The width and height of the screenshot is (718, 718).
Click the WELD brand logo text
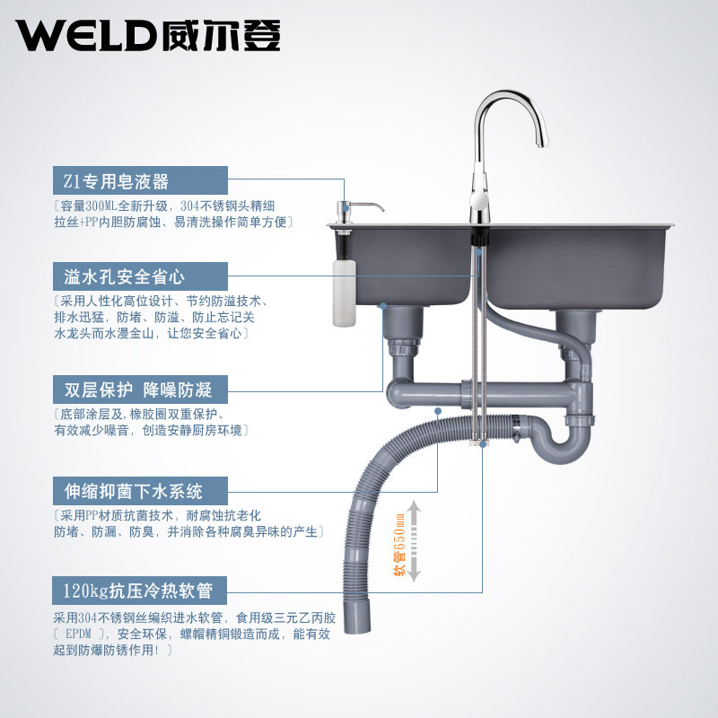coord(90,35)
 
